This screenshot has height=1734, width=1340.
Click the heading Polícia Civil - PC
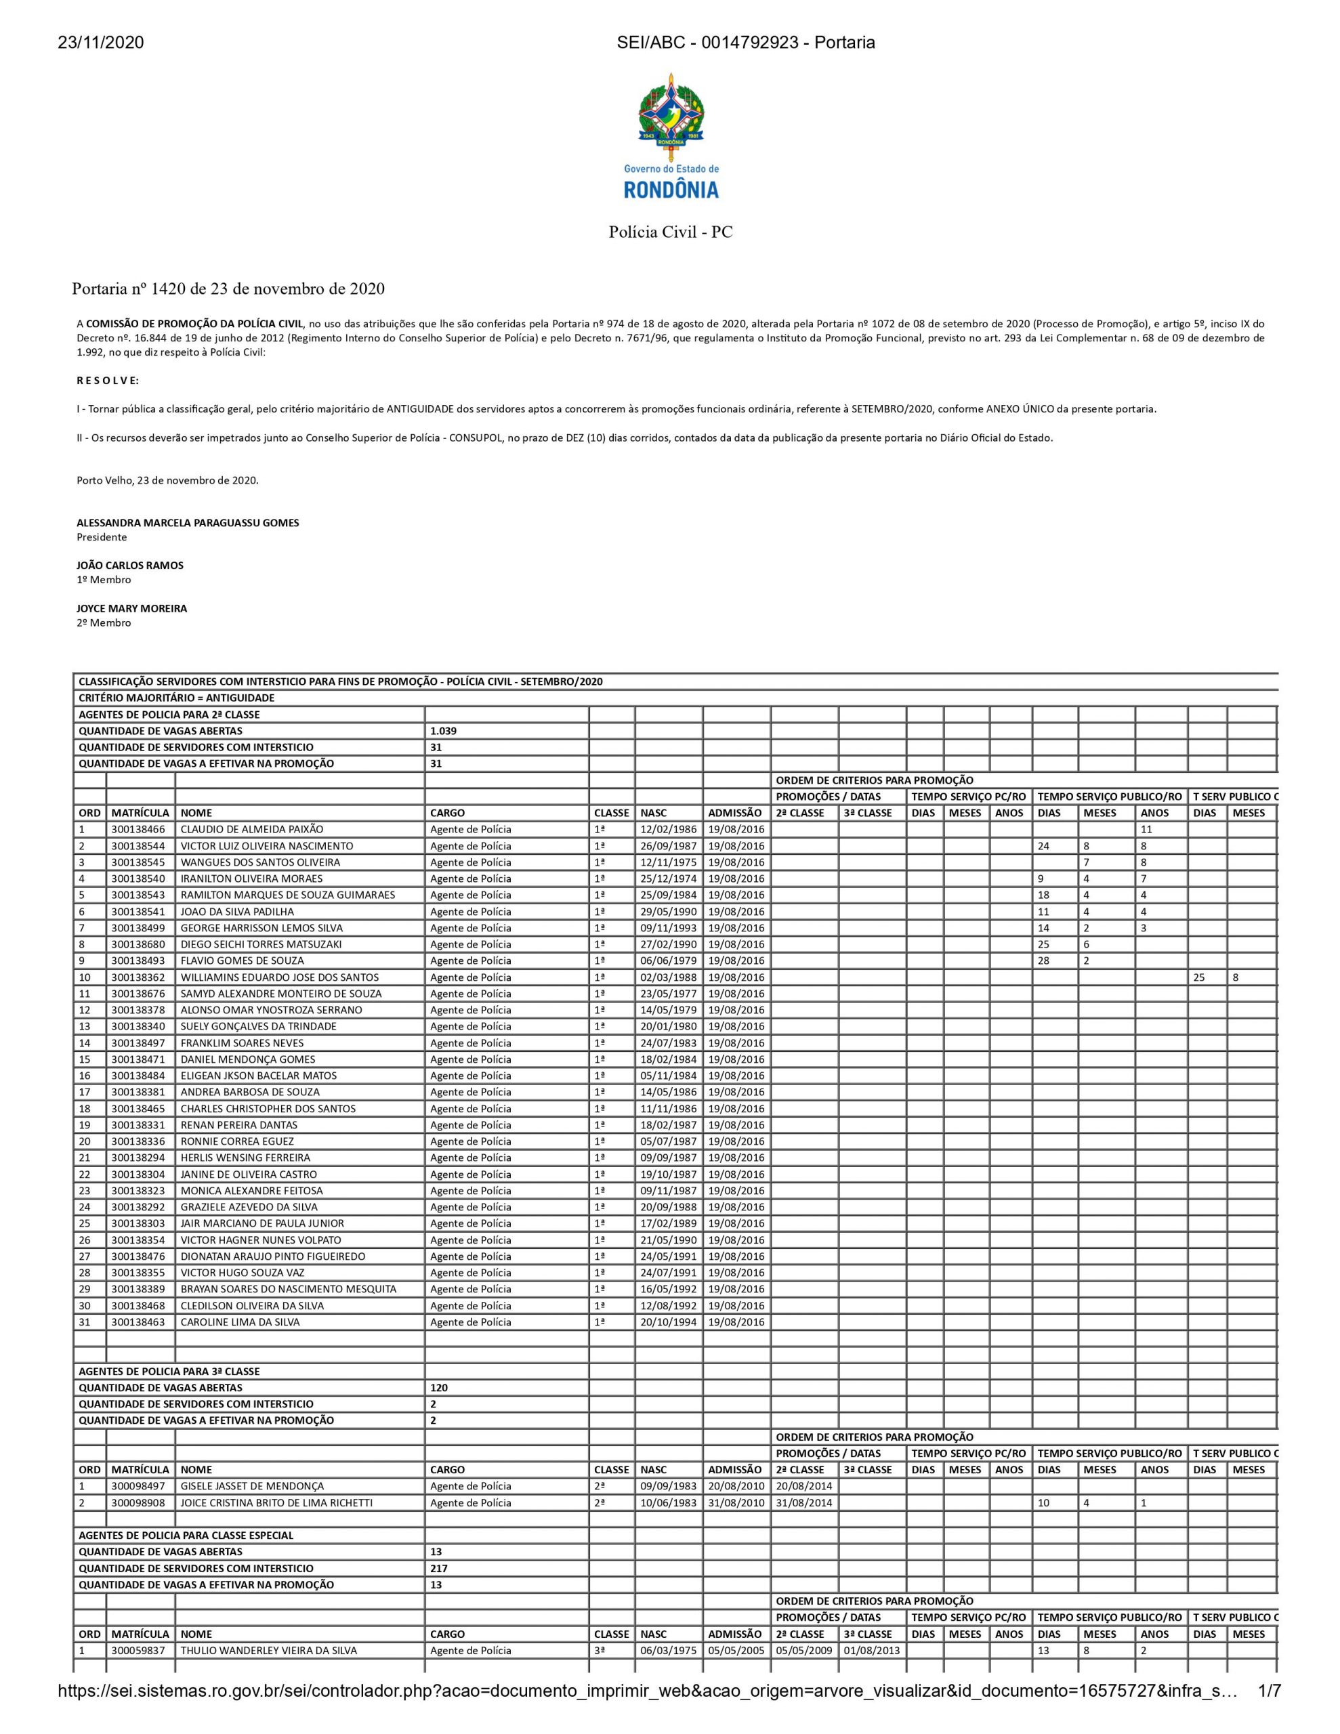[x=671, y=232]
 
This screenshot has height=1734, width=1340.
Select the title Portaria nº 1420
[x=228, y=289]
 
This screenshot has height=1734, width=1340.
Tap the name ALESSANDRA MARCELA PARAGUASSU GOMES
[x=188, y=522]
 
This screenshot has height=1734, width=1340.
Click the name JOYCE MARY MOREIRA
[x=132, y=608]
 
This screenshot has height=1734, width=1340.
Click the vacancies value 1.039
[x=443, y=730]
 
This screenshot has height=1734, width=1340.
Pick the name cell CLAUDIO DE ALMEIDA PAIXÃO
[x=252, y=829]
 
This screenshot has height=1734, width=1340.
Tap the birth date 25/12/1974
[x=668, y=878]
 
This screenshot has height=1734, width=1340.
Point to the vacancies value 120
[x=438, y=1388]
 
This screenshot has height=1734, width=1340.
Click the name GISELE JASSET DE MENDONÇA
[x=252, y=1485]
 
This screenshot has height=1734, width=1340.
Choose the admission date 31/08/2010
[x=736, y=1502]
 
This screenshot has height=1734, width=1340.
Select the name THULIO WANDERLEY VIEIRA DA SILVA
[x=268, y=1650]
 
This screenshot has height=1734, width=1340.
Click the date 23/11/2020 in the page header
[x=100, y=43]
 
